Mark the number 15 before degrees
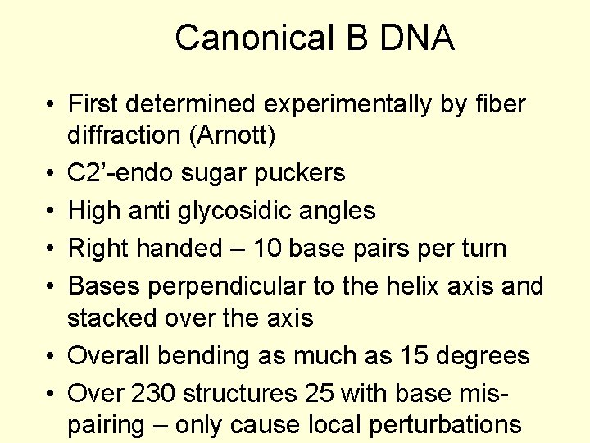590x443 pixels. (416, 355)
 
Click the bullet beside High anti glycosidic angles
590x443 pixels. (51, 212)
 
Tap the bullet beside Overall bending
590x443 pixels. (51, 356)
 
